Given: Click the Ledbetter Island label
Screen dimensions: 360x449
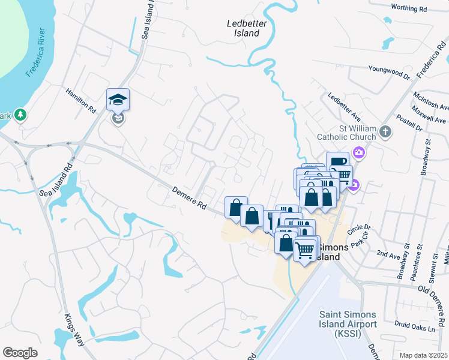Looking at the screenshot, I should coord(243,28).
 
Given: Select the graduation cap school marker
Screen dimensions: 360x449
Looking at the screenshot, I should coord(118,99).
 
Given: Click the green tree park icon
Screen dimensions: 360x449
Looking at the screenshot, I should coord(20,114).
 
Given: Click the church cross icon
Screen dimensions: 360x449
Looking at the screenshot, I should coord(386,131).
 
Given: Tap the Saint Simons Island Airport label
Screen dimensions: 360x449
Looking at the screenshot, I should coord(348,324).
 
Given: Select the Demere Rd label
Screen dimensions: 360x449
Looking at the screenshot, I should coord(190,199).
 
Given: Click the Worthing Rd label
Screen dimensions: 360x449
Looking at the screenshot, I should coord(408,8).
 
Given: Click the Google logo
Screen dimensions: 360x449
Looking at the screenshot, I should coord(20,353).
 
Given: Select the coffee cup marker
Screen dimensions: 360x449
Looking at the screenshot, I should coord(337,161).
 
